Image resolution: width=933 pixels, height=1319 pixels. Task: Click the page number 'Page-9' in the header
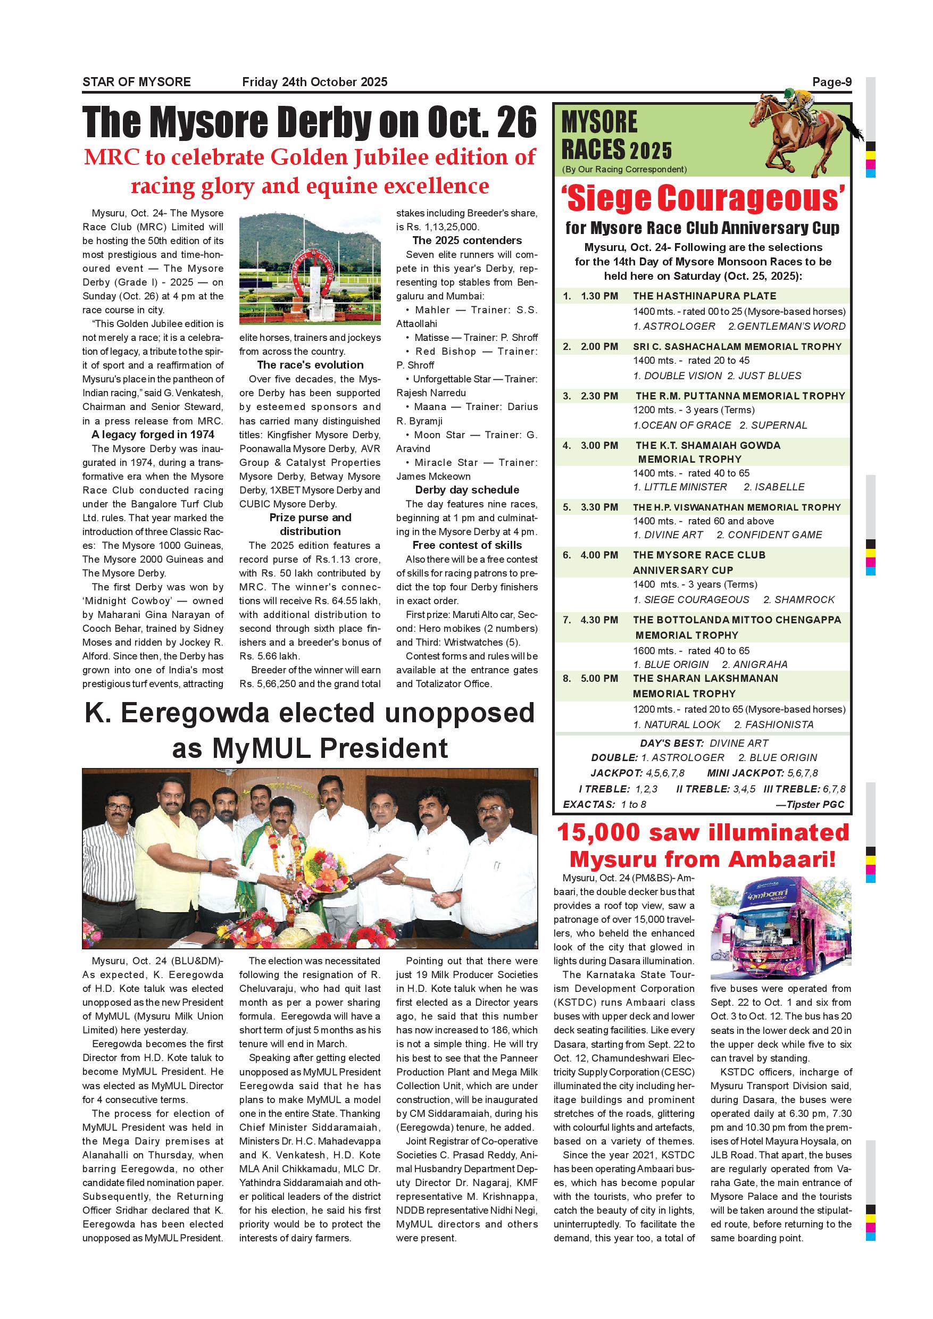point(831,82)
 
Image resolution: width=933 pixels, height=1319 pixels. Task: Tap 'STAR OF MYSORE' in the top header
point(137,82)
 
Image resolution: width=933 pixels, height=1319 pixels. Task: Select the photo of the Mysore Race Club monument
point(310,268)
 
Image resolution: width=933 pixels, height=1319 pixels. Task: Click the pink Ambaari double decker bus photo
point(781,931)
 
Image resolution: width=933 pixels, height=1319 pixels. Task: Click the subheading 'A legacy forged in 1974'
point(153,435)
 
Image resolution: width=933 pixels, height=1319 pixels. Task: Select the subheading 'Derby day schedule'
point(467,490)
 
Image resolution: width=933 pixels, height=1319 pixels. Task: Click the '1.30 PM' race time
point(599,296)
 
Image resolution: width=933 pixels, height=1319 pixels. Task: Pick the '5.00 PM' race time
point(599,679)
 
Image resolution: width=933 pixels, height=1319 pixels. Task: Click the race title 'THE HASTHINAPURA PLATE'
point(704,296)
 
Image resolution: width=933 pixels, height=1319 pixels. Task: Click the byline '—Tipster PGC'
point(810,804)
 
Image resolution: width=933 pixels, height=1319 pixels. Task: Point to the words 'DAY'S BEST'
point(672,743)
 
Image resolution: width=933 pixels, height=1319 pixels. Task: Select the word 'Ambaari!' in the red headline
point(778,860)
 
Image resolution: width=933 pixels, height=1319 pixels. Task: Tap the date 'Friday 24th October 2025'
point(315,82)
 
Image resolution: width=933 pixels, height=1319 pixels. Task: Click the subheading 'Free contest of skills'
point(467,545)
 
